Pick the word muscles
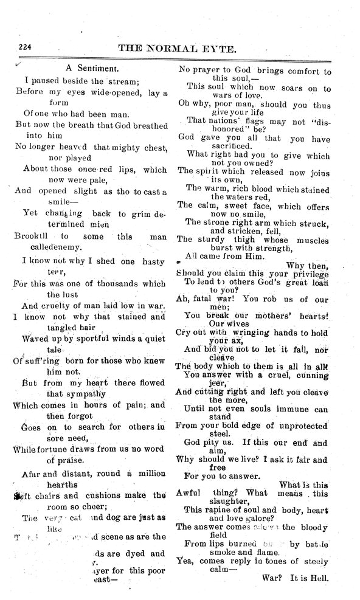(311, 239)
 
